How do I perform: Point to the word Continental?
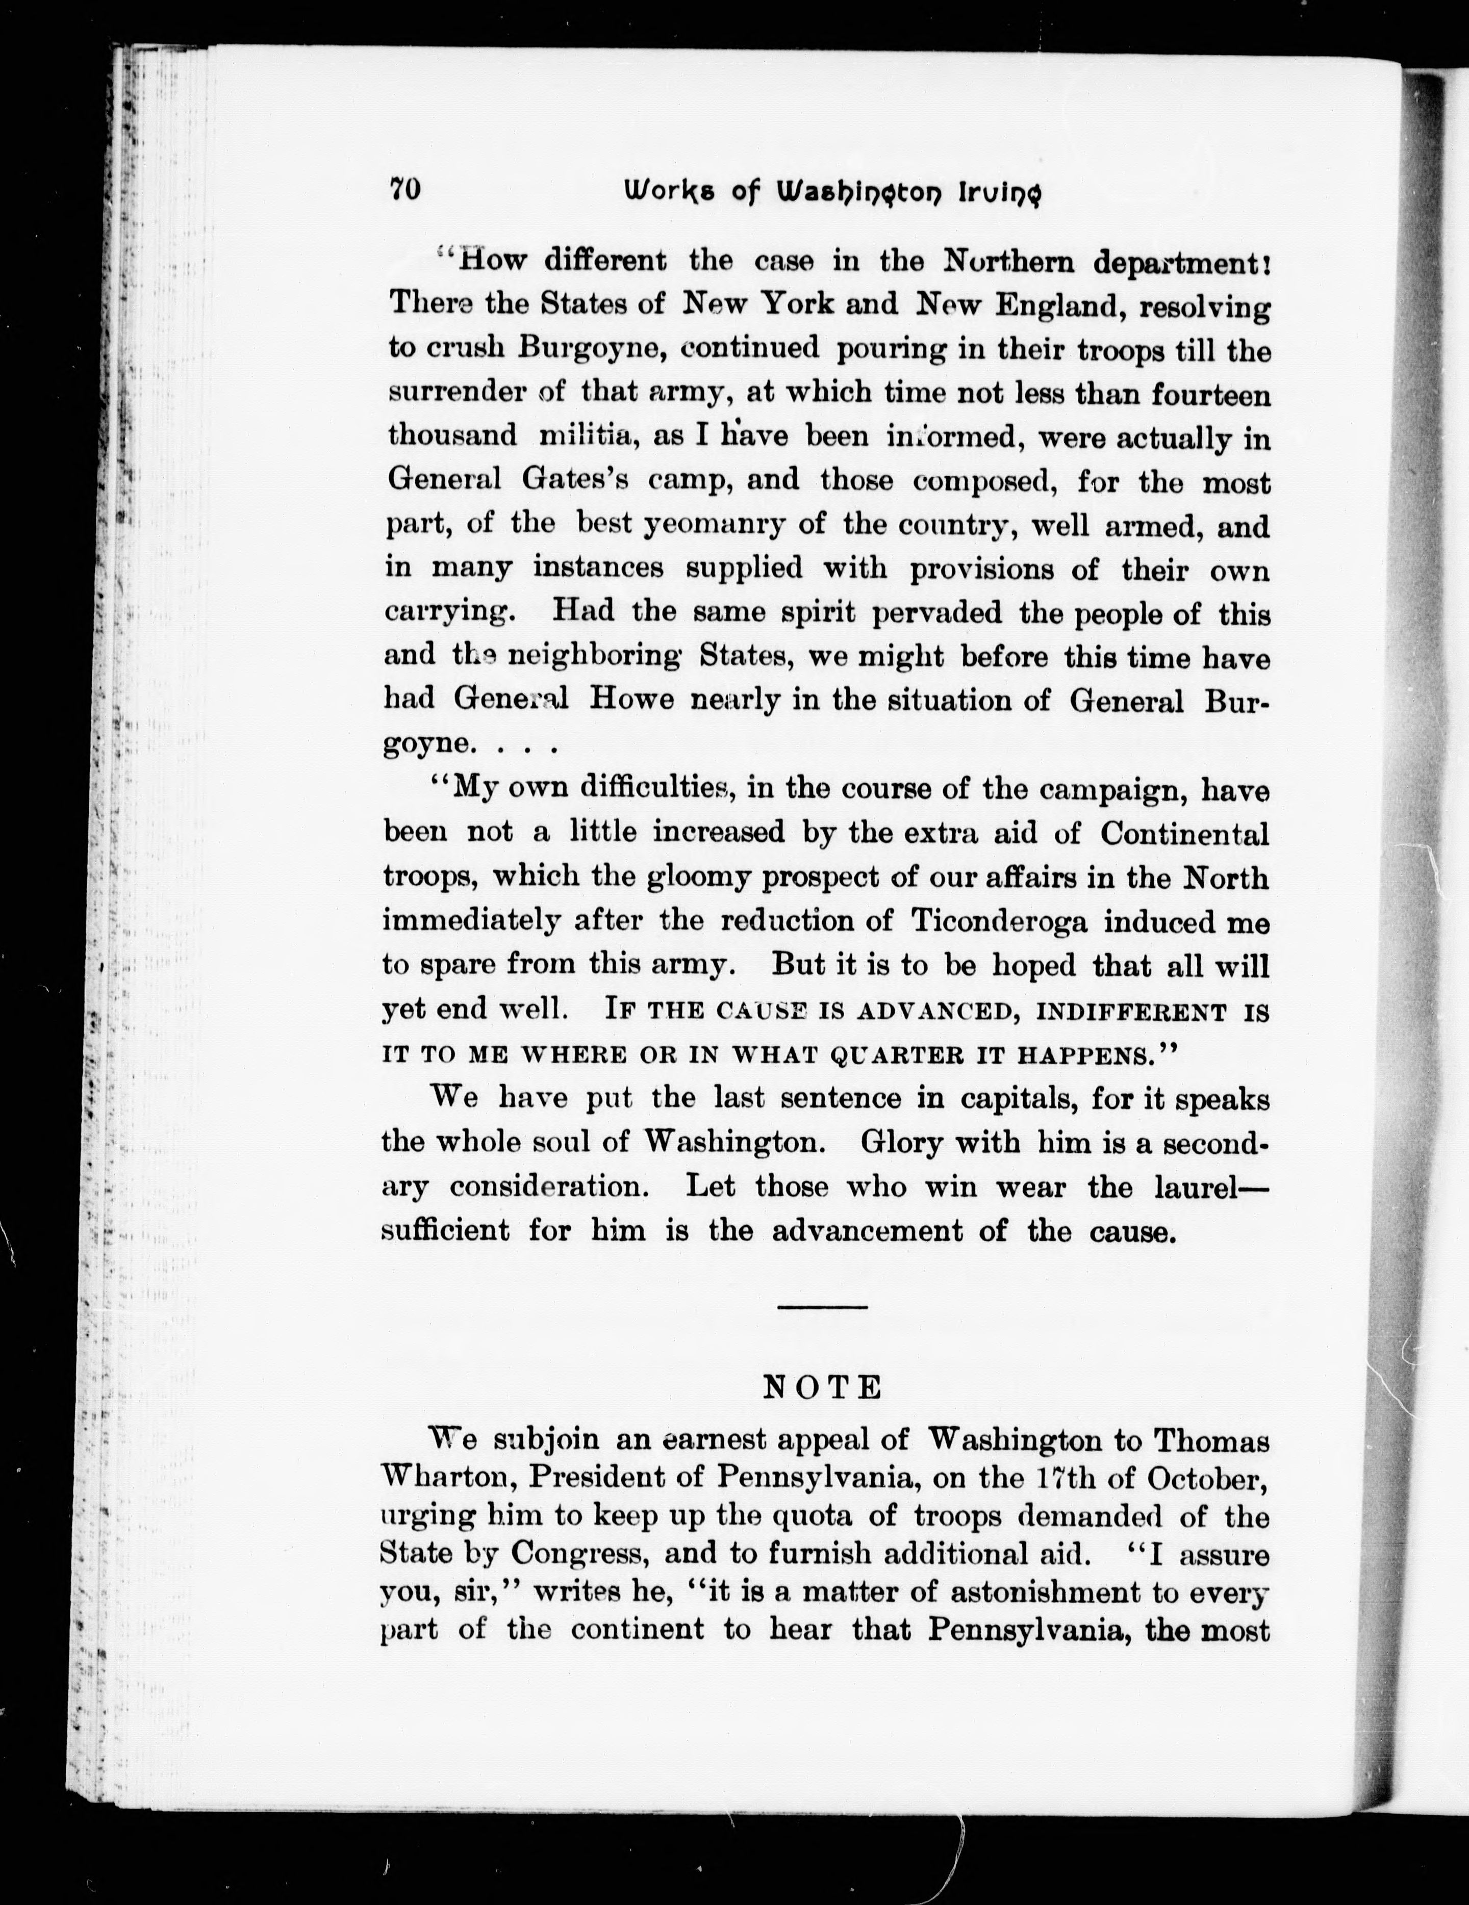click(1184, 833)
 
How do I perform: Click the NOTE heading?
click(822, 1387)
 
